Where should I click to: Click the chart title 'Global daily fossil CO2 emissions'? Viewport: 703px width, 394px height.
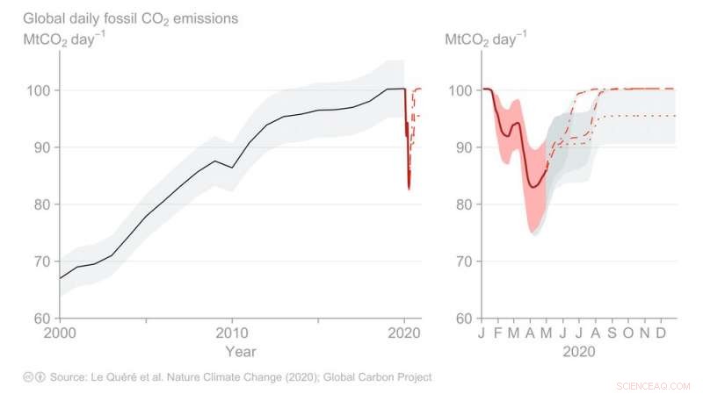click(x=130, y=18)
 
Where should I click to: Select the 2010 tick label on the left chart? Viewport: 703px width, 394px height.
click(x=232, y=333)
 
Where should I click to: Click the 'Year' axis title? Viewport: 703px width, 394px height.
click(x=240, y=352)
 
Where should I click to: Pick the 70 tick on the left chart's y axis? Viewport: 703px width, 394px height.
click(x=41, y=261)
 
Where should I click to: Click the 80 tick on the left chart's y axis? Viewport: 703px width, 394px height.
click(x=41, y=204)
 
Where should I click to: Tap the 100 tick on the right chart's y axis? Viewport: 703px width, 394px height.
click(x=460, y=90)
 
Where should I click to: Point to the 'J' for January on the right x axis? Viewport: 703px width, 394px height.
click(x=482, y=333)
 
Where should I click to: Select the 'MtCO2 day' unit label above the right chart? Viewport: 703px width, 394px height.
click(x=486, y=39)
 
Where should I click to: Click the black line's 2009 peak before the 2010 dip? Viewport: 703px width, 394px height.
click(x=215, y=161)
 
